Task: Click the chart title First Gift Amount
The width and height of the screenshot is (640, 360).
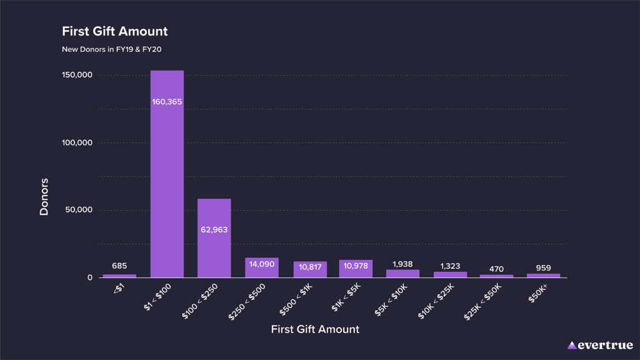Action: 114,31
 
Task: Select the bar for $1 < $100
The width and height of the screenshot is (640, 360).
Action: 167,187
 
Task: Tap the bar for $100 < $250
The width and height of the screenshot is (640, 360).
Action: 214,250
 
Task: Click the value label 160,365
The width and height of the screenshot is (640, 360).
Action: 167,101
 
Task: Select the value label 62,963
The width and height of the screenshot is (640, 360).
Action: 214,229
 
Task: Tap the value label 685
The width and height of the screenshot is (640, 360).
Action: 119,266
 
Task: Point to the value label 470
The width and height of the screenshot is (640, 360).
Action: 496,269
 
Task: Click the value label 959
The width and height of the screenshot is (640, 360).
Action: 543,268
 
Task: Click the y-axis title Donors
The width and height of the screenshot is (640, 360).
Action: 44,197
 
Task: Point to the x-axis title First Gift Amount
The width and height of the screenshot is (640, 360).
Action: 315,329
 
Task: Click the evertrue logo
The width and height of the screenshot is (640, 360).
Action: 599,345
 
